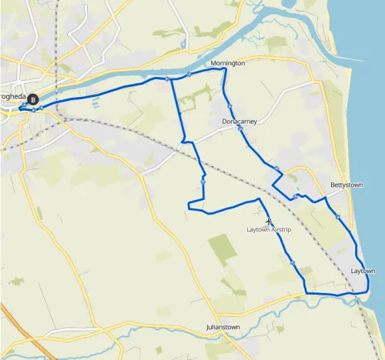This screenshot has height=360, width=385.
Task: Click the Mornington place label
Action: click(x=227, y=63)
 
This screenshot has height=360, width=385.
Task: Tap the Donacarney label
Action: click(x=239, y=122)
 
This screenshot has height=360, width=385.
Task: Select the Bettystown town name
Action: click(x=346, y=185)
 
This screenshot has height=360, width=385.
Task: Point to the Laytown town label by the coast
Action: click(x=363, y=272)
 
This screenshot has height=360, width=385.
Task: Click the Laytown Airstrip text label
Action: click(x=270, y=230)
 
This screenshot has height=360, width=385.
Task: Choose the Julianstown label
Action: click(x=224, y=328)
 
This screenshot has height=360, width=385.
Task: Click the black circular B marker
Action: click(x=32, y=98)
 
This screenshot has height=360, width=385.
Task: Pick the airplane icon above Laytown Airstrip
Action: click(x=268, y=222)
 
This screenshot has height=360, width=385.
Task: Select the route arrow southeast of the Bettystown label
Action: click(x=338, y=217)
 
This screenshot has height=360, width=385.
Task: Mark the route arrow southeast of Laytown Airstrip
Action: click(x=293, y=263)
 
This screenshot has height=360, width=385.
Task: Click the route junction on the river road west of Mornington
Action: click(x=167, y=78)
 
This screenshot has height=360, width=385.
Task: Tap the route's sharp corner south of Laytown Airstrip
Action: click(x=306, y=293)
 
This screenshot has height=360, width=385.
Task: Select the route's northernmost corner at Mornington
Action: click(x=224, y=68)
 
